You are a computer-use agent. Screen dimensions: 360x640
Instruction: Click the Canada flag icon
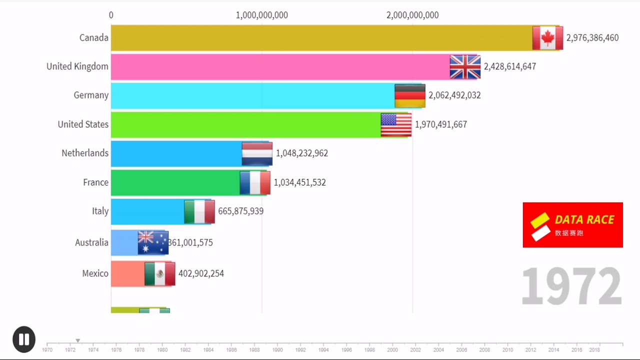point(547,38)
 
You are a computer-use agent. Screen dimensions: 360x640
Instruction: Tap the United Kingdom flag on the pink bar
point(465,67)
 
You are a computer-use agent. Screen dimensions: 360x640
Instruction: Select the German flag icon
point(410,95)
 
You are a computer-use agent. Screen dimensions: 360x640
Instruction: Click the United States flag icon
point(396,124)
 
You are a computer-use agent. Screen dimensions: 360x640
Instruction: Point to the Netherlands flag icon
point(257,153)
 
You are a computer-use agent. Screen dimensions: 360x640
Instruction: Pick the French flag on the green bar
point(255,182)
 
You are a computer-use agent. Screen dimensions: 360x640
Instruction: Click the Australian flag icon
point(153,242)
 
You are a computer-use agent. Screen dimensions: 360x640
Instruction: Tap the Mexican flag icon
point(159,273)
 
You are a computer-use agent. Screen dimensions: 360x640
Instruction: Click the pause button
point(24,339)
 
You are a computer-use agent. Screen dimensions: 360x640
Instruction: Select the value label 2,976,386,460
point(592,38)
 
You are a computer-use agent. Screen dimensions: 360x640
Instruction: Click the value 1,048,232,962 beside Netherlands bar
point(301,153)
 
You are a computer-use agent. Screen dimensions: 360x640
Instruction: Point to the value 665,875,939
point(240,211)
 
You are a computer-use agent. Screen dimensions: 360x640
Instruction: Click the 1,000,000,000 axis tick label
point(261,15)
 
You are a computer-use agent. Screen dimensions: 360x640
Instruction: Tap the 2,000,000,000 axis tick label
point(412,15)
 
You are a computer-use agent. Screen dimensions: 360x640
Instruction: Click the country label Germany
point(91,95)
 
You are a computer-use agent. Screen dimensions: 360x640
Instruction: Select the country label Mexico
point(95,273)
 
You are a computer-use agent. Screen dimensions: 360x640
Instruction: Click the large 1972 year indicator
point(571,286)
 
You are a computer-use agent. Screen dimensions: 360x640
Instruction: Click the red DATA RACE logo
point(572,225)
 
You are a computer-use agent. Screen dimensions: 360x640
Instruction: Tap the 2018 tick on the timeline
point(594,350)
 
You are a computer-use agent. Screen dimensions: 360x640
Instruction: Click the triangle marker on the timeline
point(78,341)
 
